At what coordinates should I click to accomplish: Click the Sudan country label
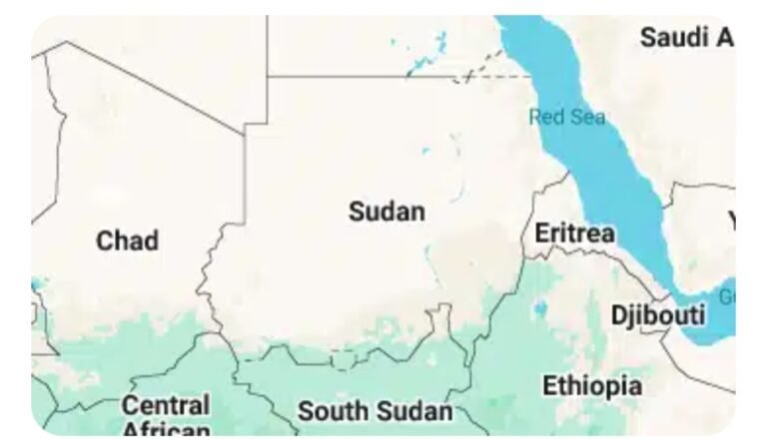coord(386,212)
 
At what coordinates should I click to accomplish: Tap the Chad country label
coord(127,240)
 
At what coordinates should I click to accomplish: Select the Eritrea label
coord(574,232)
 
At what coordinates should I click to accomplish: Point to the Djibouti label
coord(658,315)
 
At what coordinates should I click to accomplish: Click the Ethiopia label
coord(592,385)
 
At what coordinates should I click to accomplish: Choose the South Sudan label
coord(375,410)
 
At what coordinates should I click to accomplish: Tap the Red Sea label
coord(567,117)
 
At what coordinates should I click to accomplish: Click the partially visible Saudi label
coord(687,38)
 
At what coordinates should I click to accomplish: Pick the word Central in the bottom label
coord(166,405)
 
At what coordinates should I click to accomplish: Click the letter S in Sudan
coord(356,212)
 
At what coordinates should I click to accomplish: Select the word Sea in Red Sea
coord(588,117)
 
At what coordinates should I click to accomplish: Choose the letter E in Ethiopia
coord(549,385)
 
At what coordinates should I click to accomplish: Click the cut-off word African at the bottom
coord(166,431)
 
